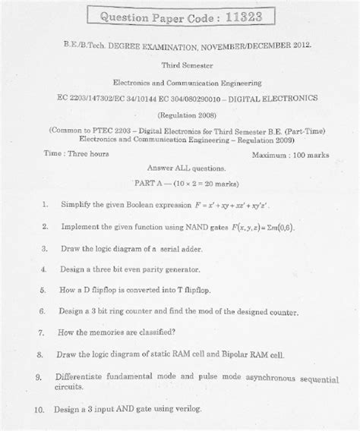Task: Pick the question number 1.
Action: (46, 205)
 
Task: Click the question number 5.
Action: (45, 290)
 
